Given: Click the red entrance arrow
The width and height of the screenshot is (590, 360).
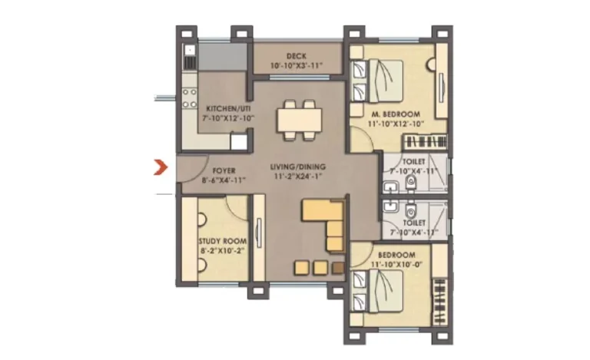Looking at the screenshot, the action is pyautogui.click(x=161, y=167).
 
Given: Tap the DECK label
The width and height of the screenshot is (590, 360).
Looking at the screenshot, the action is pyautogui.click(x=297, y=56).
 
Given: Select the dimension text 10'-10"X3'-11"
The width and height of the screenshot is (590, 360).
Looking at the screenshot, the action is pyautogui.click(x=297, y=66).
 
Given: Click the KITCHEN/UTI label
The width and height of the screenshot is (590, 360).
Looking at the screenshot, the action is pyautogui.click(x=228, y=108).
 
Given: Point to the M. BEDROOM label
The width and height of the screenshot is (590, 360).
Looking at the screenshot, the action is pyautogui.click(x=396, y=114).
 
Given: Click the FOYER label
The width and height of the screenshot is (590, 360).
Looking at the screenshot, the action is pyautogui.click(x=224, y=170).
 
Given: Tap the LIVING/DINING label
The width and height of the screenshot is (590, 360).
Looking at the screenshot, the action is pyautogui.click(x=297, y=167).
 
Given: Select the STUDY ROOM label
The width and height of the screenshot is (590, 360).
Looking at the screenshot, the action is pyautogui.click(x=223, y=241).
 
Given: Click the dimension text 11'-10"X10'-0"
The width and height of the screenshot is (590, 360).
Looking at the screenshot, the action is pyautogui.click(x=396, y=265).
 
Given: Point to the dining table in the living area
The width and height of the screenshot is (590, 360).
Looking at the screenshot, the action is pyautogui.click(x=300, y=121).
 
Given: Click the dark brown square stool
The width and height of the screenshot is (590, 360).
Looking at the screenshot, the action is pyautogui.click(x=339, y=268).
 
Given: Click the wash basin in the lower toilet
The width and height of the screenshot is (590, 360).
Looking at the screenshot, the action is pyautogui.click(x=390, y=206).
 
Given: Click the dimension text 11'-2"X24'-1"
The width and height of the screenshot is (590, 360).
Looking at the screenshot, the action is pyautogui.click(x=297, y=177).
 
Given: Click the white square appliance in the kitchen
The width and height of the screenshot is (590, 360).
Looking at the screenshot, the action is pyautogui.click(x=239, y=142).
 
